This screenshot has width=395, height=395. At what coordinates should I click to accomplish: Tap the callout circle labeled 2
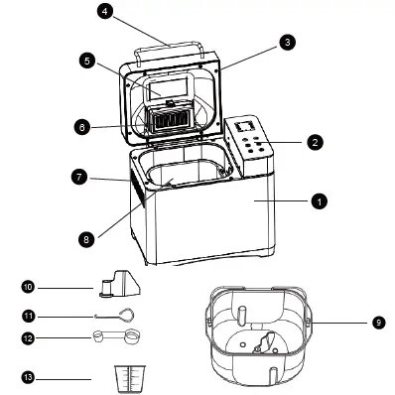tap(314, 143)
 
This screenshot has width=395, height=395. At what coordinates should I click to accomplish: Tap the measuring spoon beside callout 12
tap(114, 337)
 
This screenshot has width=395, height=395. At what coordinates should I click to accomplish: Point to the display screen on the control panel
tap(245, 126)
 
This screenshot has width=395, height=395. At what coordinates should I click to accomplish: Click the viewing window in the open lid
tap(169, 87)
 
